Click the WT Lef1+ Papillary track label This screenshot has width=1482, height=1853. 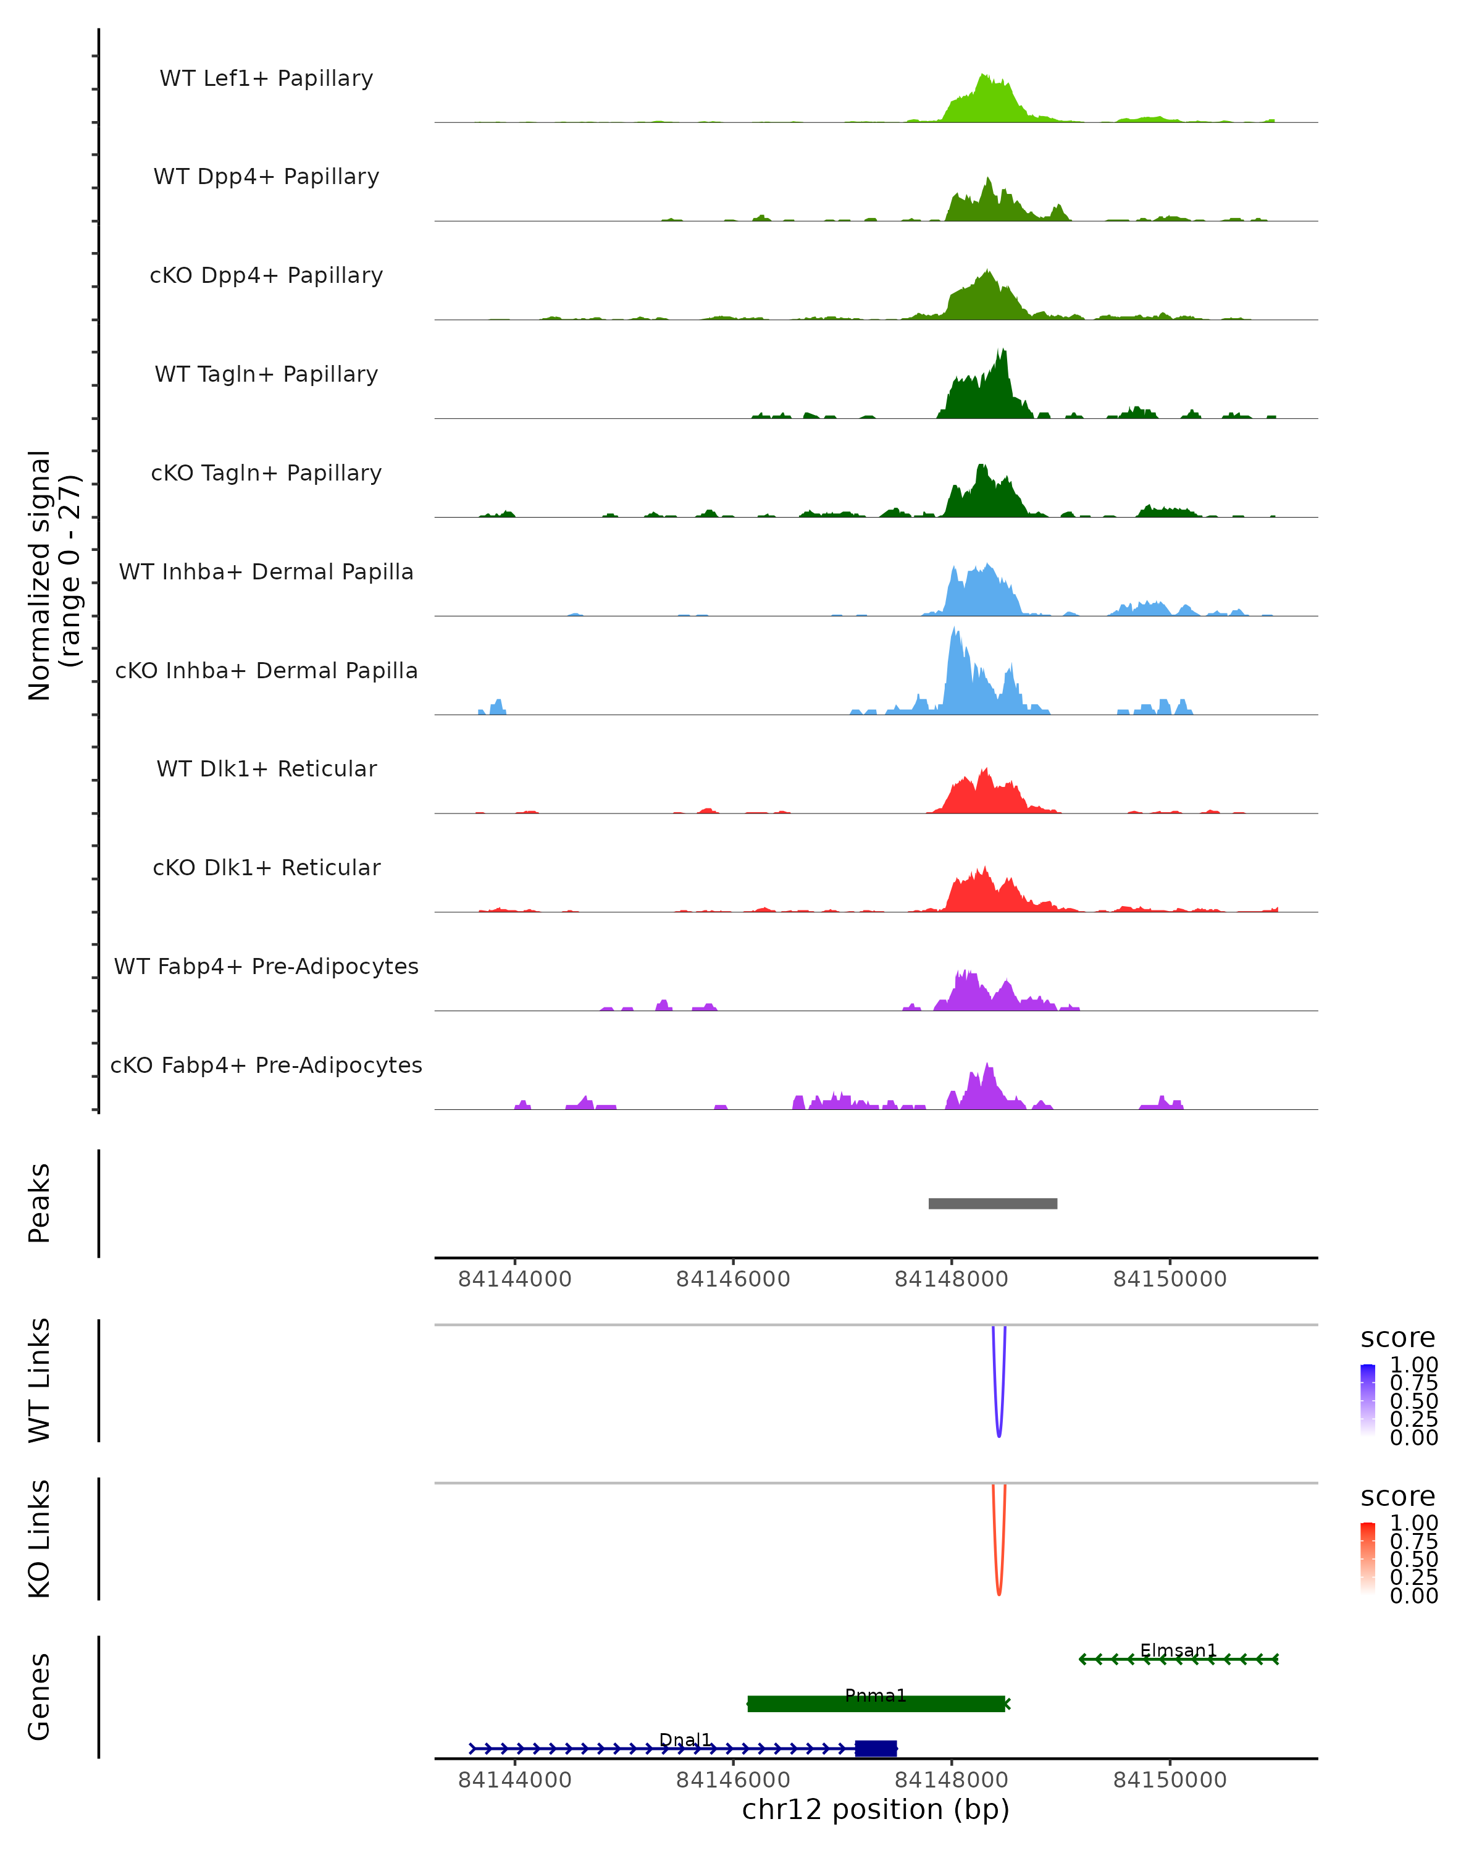(266, 78)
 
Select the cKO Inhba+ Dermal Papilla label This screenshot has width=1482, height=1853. (266, 670)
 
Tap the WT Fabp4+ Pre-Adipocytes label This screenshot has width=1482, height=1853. (266, 966)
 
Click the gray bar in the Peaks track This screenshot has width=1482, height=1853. (992, 1203)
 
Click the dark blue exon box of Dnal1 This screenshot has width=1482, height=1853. (876, 1748)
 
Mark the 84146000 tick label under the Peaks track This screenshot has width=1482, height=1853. (733, 1279)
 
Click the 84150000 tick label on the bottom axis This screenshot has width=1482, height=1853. (1170, 1780)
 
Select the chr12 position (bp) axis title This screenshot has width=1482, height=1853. (876, 1810)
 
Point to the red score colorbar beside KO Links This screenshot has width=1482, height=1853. (1368, 1557)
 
